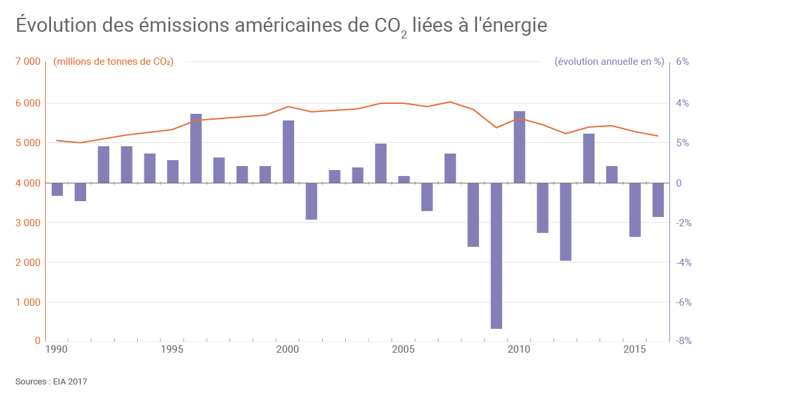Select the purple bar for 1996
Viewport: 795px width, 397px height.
(196, 148)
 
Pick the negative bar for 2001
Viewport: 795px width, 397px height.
(311, 201)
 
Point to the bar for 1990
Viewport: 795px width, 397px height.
(57, 189)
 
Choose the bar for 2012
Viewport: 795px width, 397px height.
(566, 222)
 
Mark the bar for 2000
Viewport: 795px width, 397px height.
(288, 152)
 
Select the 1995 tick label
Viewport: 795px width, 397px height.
(172, 349)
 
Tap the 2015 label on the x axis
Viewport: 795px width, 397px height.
(635, 349)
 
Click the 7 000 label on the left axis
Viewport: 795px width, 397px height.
(28, 62)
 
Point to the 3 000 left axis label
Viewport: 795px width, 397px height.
(28, 223)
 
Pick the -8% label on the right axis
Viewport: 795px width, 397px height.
(683, 341)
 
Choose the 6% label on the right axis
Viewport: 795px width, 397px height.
(683, 62)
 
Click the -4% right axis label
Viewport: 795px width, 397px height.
(683, 263)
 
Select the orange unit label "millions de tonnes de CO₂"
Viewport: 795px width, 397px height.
(113, 62)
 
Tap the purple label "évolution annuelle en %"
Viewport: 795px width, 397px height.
(609, 62)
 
